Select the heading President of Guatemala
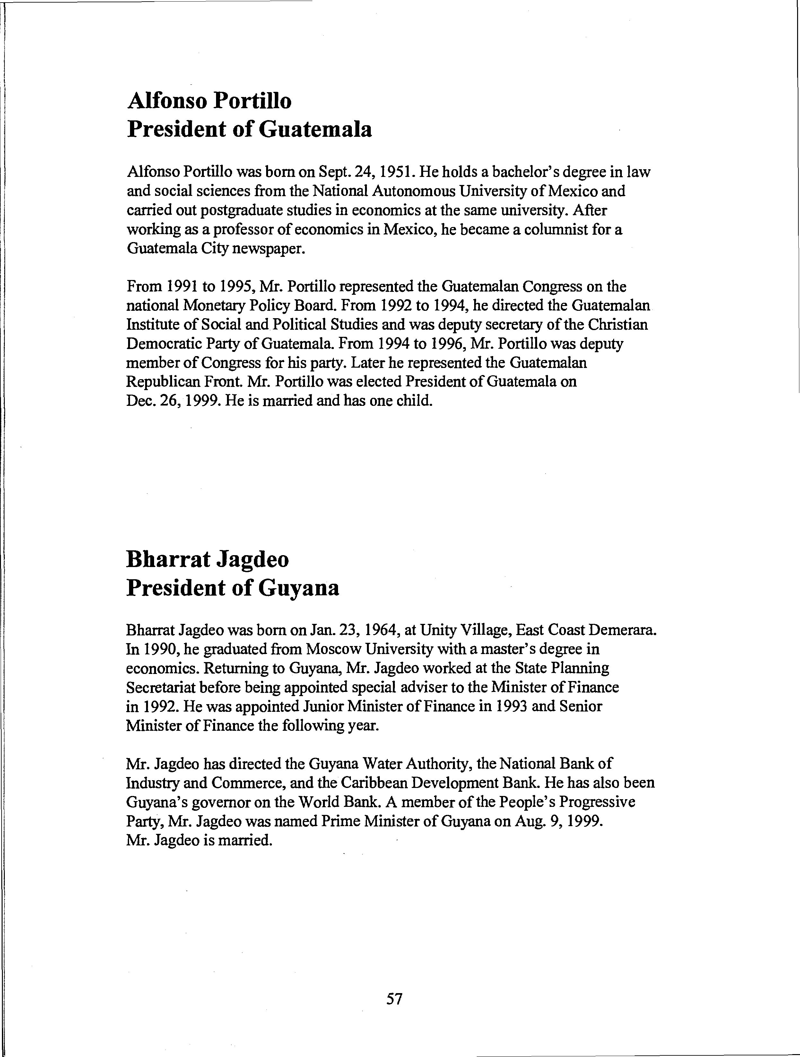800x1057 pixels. click(x=249, y=129)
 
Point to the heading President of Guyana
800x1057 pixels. click(x=233, y=588)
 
